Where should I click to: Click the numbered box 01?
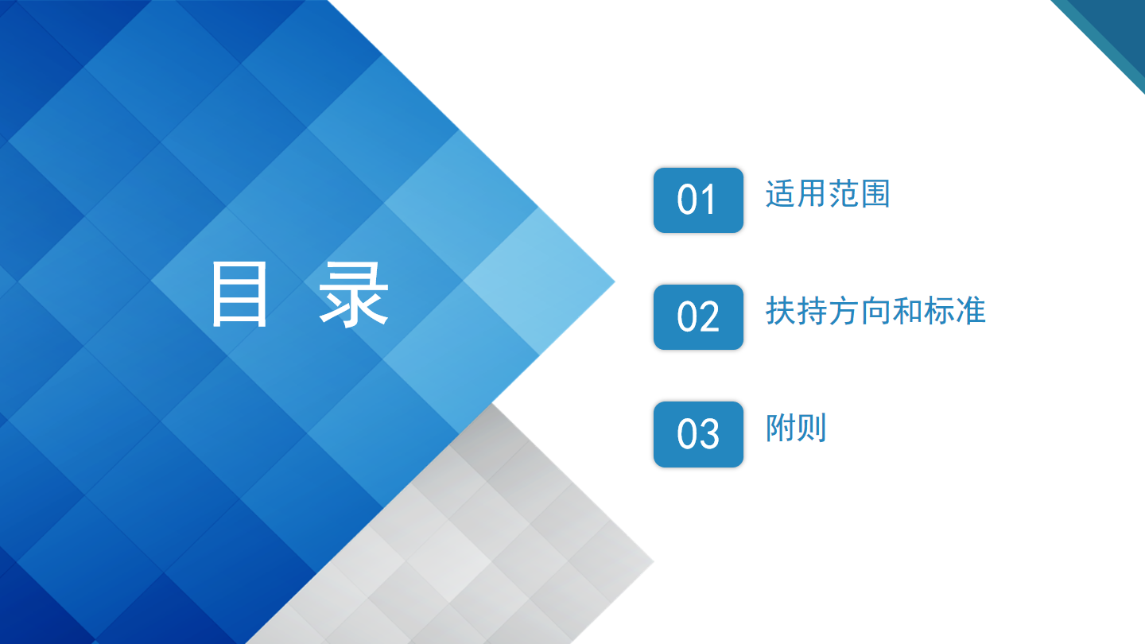pyautogui.click(x=698, y=200)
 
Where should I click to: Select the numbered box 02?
pyautogui.click(x=698, y=317)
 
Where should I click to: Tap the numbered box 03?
pyautogui.click(x=698, y=434)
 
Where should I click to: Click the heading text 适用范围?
pyautogui.click(x=828, y=194)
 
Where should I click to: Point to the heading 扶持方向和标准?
pyautogui.click(x=875, y=311)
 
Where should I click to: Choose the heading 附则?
pyautogui.click(x=796, y=428)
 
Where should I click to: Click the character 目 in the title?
pyautogui.click(x=239, y=293)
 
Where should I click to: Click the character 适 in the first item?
pyautogui.click(x=781, y=194)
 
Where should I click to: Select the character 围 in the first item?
pyautogui.click(x=875, y=194)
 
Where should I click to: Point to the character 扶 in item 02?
pyautogui.click(x=781, y=311)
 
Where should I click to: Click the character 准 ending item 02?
pyautogui.click(x=970, y=311)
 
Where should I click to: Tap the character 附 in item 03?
pyautogui.click(x=780, y=428)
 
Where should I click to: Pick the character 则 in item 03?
pyautogui.click(x=812, y=428)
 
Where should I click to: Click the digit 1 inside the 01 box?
pyautogui.click(x=709, y=200)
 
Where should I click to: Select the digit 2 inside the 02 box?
pyautogui.click(x=710, y=316)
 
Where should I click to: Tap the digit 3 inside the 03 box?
pyautogui.click(x=710, y=433)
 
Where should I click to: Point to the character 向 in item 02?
pyautogui.click(x=875, y=311)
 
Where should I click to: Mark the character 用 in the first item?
pyautogui.click(x=812, y=194)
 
